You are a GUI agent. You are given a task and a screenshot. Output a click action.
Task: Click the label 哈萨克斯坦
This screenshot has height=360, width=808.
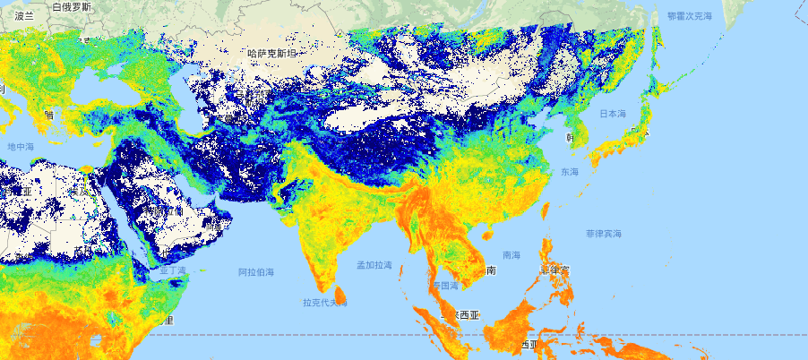[276, 53]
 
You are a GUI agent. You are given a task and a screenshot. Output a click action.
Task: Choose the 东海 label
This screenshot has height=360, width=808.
[570, 171]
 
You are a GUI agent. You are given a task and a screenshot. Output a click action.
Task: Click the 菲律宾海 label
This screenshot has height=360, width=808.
[603, 233]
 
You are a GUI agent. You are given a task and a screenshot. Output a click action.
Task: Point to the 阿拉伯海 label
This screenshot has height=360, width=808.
[256, 270]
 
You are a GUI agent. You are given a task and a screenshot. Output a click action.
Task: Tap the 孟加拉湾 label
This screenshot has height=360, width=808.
[374, 265]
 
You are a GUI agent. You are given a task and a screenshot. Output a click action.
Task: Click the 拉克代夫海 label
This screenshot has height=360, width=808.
[324, 303]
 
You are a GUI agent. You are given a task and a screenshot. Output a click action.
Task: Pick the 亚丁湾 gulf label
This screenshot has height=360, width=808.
[172, 269]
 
